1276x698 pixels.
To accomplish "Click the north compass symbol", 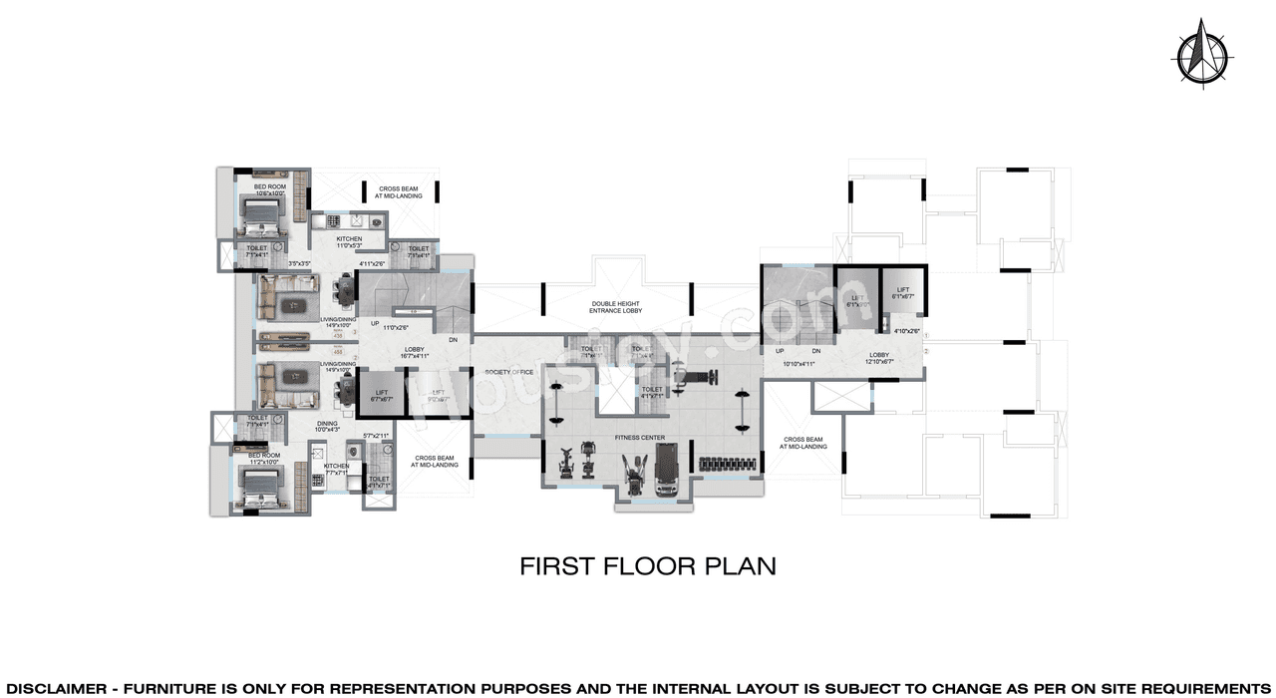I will click(x=1199, y=54).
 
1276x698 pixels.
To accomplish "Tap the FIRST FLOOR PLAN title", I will click(x=648, y=566).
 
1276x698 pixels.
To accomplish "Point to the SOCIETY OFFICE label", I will click(x=509, y=372).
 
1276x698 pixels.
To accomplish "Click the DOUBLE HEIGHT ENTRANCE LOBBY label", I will click(x=615, y=307).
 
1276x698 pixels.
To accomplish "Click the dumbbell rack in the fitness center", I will click(x=722, y=463).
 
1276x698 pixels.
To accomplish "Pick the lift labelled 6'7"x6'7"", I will click(x=382, y=392).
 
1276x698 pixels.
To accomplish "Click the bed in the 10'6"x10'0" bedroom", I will click(x=262, y=212).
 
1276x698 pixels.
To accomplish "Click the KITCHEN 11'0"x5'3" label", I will click(x=349, y=242).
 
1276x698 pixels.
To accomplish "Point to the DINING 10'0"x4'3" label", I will click(x=327, y=426).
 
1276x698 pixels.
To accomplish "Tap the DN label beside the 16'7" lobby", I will click(x=453, y=340).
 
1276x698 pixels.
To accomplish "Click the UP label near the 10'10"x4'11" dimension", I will click(x=780, y=351).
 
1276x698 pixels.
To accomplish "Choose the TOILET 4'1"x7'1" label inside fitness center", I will click(x=652, y=392).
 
